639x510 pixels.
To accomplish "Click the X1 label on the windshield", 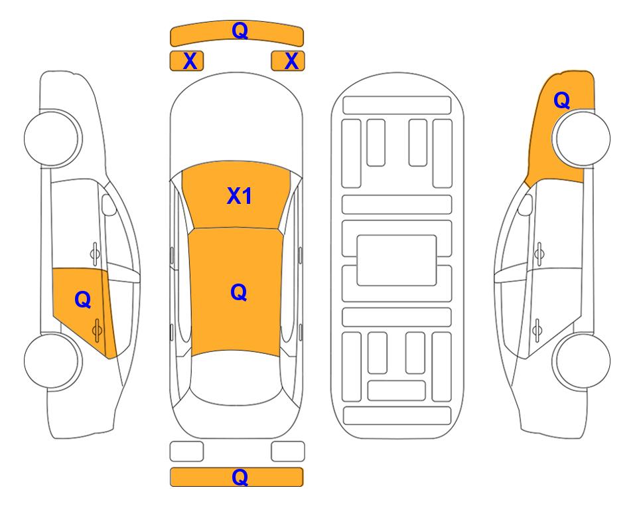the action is pos(240,196).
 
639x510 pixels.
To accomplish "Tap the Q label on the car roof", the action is pos(239,292).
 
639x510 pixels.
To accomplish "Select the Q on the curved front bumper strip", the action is pos(240,30).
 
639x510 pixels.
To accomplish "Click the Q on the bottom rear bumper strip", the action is pos(240,477).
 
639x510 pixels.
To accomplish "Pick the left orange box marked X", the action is pos(186,61).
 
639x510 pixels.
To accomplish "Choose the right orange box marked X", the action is pos(288,61).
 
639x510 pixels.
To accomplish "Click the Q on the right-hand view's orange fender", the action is pos(561,100).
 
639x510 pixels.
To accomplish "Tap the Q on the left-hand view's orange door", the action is pos(83,299).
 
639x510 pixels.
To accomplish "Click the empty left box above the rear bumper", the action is pos(186,452).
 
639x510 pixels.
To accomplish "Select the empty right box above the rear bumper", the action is pos(288,452).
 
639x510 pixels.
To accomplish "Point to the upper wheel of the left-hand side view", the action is pos(52,138).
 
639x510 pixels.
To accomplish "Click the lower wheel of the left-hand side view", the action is pos(52,361).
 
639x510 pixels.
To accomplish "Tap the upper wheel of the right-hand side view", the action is pos(581,138).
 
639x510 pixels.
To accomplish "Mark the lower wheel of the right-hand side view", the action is pos(581,361).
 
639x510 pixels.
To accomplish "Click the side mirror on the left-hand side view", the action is pos(108,205).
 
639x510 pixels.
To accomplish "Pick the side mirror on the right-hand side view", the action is pos(526,205).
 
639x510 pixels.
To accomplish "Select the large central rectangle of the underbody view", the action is pos(397,260).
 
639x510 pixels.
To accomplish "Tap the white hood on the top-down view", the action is pos(236,118).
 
